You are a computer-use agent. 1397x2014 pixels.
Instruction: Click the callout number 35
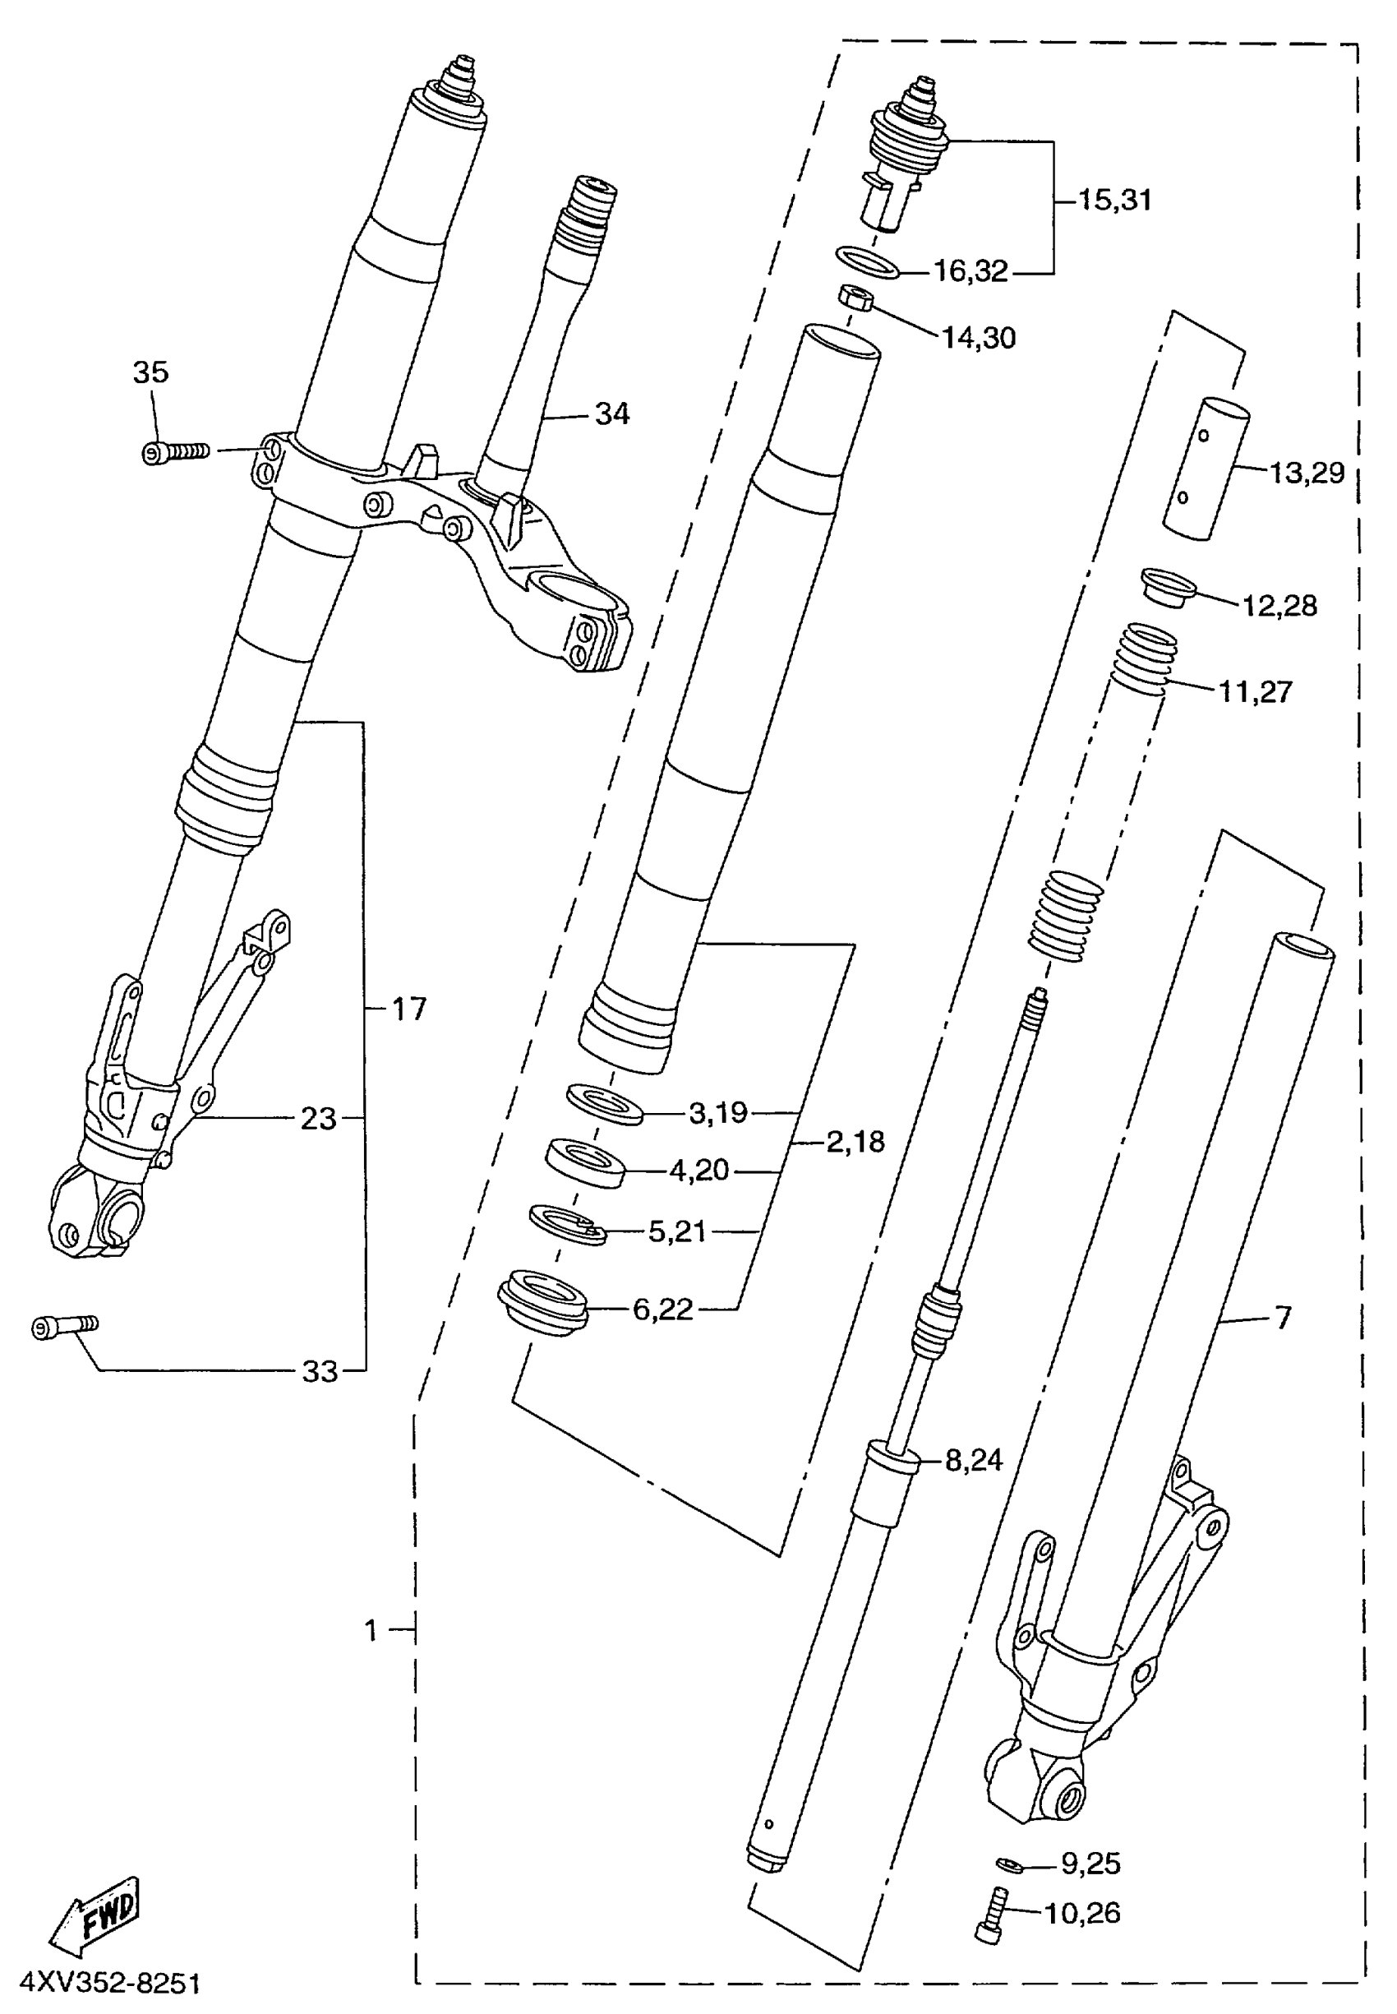coord(150,372)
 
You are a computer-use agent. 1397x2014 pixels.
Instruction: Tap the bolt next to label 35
coord(175,452)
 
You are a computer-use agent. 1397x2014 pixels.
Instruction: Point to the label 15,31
coord(1113,200)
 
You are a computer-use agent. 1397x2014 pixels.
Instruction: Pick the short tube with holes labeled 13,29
coord(1206,468)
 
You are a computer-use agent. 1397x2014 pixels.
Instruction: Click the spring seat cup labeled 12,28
coord(1169,587)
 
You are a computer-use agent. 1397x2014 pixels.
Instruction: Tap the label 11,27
coord(1255,692)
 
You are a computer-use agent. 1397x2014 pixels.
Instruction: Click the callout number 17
coord(408,1009)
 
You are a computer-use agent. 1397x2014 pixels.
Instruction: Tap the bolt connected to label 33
coord(65,1328)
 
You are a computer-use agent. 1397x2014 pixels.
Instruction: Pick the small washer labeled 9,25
coord(1009,1863)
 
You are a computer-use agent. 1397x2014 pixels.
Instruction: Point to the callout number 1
coord(371,1629)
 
